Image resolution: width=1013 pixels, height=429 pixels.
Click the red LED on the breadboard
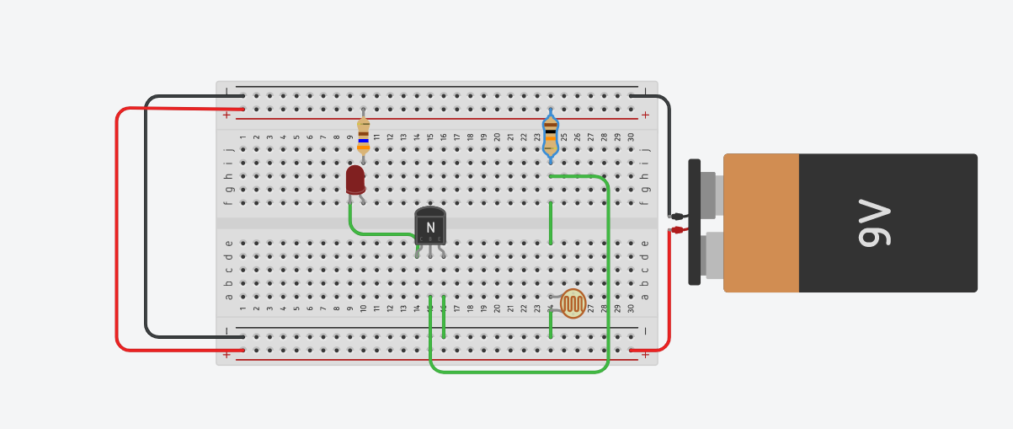355,179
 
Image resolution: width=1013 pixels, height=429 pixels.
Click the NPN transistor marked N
430,226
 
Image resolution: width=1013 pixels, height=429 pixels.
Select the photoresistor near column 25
573,303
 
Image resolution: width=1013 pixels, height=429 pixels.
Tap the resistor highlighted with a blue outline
551,135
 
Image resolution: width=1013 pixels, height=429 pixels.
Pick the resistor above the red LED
363,135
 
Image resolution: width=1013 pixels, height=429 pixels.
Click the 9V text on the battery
876,223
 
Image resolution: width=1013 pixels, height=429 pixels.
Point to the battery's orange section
761,223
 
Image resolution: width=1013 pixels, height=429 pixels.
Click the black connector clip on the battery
694,223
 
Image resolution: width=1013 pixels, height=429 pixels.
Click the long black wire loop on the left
147,219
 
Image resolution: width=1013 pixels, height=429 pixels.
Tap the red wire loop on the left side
117,228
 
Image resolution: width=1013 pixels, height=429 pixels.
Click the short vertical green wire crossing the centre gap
551,223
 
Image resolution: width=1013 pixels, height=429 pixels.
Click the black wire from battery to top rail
669,152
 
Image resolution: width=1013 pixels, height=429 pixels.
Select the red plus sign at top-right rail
645,115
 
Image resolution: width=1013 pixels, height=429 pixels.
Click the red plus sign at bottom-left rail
226,354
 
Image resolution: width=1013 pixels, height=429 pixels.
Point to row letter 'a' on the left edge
228,297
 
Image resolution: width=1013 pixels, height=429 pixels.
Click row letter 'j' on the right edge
645,150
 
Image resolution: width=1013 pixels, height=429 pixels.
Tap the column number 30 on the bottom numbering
631,308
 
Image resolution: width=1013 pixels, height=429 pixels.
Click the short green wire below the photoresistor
551,324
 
